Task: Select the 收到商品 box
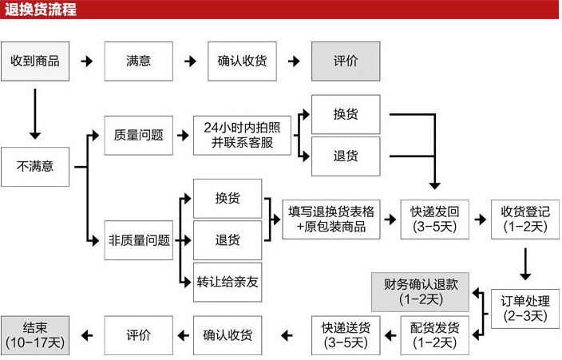pos(34,61)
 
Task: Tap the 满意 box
pos(138,61)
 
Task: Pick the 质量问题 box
pos(138,135)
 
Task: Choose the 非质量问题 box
pos(138,239)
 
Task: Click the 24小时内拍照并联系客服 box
pos(242,135)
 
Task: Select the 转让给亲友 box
pos(228,281)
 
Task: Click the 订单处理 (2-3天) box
pos(524,307)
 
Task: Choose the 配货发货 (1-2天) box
pos(435,334)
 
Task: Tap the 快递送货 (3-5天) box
pos(345,334)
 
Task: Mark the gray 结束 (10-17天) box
pos(34,334)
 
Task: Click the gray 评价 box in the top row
pos(345,61)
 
